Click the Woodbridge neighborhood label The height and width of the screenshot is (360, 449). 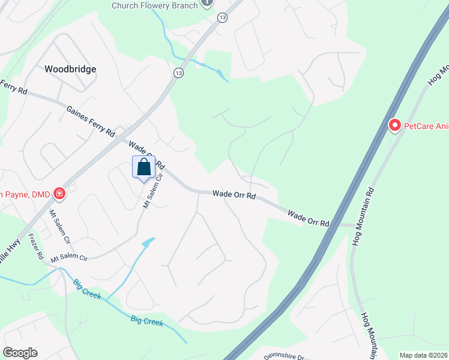tap(70, 69)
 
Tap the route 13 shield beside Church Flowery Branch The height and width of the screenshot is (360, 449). tap(223, 18)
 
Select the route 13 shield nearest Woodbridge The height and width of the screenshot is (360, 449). tap(178, 73)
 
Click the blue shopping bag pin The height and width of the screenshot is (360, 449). tap(144, 168)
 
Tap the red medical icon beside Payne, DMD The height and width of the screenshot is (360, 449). tap(59, 193)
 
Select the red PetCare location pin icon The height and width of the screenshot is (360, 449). tap(395, 125)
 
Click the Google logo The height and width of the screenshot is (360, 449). tap(20, 352)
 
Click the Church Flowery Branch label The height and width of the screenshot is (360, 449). tap(154, 5)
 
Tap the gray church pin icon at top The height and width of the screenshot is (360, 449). tap(207, 3)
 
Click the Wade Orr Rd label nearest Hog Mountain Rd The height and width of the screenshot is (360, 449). tap(309, 218)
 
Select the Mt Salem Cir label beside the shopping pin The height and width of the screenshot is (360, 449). tap(152, 191)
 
